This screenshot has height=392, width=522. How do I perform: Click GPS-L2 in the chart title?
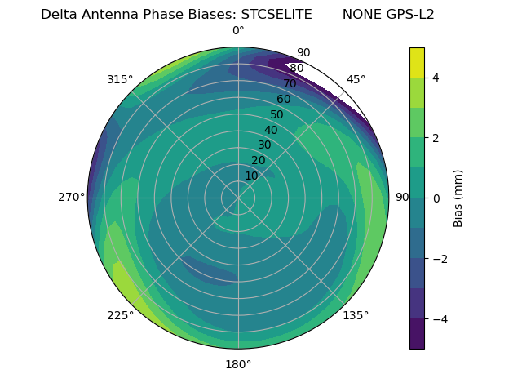pyautogui.click(x=411, y=15)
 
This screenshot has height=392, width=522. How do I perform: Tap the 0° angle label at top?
pyautogui.click(x=238, y=31)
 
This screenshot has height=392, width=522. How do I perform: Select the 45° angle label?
pyautogui.click(x=356, y=79)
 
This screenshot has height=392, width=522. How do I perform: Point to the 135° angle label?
pyautogui.click(x=356, y=315)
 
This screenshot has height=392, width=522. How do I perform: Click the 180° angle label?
pyautogui.click(x=238, y=364)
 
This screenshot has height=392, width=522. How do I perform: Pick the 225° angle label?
pyautogui.click(x=120, y=315)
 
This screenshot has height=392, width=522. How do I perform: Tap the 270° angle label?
pyautogui.click(x=72, y=197)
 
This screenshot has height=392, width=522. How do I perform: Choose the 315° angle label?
pyautogui.click(x=120, y=79)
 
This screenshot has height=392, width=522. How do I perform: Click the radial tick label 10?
pyautogui.click(x=251, y=176)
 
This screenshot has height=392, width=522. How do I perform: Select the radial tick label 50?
pyautogui.click(x=276, y=115)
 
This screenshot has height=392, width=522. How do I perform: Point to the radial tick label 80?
pyautogui.click(x=296, y=69)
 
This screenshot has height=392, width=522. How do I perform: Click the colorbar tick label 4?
pyautogui.click(x=436, y=78)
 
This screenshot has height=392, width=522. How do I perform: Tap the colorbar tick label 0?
pyautogui.click(x=436, y=198)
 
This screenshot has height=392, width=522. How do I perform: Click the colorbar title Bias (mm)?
pyautogui.click(x=458, y=198)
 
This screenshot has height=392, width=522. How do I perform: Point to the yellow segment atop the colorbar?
pyautogui.click(x=417, y=62)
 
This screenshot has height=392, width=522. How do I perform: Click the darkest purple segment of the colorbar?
pyautogui.click(x=417, y=334)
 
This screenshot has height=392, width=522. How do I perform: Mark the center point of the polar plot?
pyautogui.click(x=238, y=198)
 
